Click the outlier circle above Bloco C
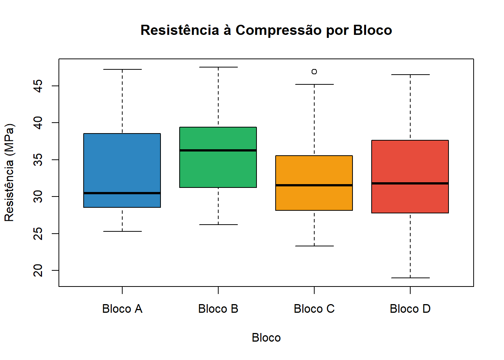click(314, 72)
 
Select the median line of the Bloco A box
click(122, 193)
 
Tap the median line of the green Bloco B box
click(218, 150)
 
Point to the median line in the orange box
click(314, 185)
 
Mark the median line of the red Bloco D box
click(410, 183)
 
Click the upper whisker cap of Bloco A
click(122, 69)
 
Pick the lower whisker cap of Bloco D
click(410, 278)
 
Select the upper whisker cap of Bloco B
click(218, 67)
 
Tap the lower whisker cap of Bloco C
click(314, 246)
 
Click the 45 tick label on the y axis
click(38, 86)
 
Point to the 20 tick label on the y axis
click(38, 270)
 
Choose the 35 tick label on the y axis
click(38, 160)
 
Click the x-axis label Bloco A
click(122, 309)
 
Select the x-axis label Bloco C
click(314, 309)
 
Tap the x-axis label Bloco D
click(410, 309)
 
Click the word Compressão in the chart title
click(279, 30)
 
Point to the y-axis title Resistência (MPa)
click(9, 172)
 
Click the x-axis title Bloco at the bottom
click(266, 337)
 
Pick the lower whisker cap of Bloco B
click(218, 225)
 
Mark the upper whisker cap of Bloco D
click(410, 75)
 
